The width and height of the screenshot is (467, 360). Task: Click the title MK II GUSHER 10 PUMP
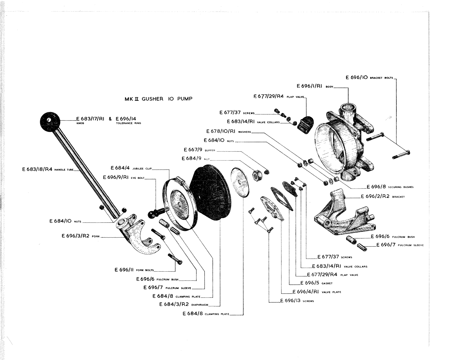158,99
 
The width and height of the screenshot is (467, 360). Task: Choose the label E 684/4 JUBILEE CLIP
131,168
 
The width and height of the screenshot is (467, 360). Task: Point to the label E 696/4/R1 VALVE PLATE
317,292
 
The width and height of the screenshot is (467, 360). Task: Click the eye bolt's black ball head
152,214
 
